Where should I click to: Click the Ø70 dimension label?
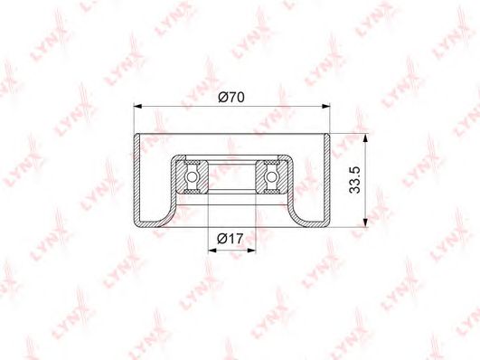(x=231, y=98)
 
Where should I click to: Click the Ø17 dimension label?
(x=231, y=239)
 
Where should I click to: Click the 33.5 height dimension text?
(x=355, y=180)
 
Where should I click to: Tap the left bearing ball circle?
(x=192, y=176)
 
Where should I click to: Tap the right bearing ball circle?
(x=271, y=176)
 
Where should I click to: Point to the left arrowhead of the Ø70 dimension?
(x=138, y=107)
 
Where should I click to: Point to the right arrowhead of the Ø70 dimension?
(x=326, y=107)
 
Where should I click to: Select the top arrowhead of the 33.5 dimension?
(x=365, y=138)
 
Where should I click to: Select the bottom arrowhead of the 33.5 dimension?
(x=365, y=223)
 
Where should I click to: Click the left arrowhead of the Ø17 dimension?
(x=212, y=251)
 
